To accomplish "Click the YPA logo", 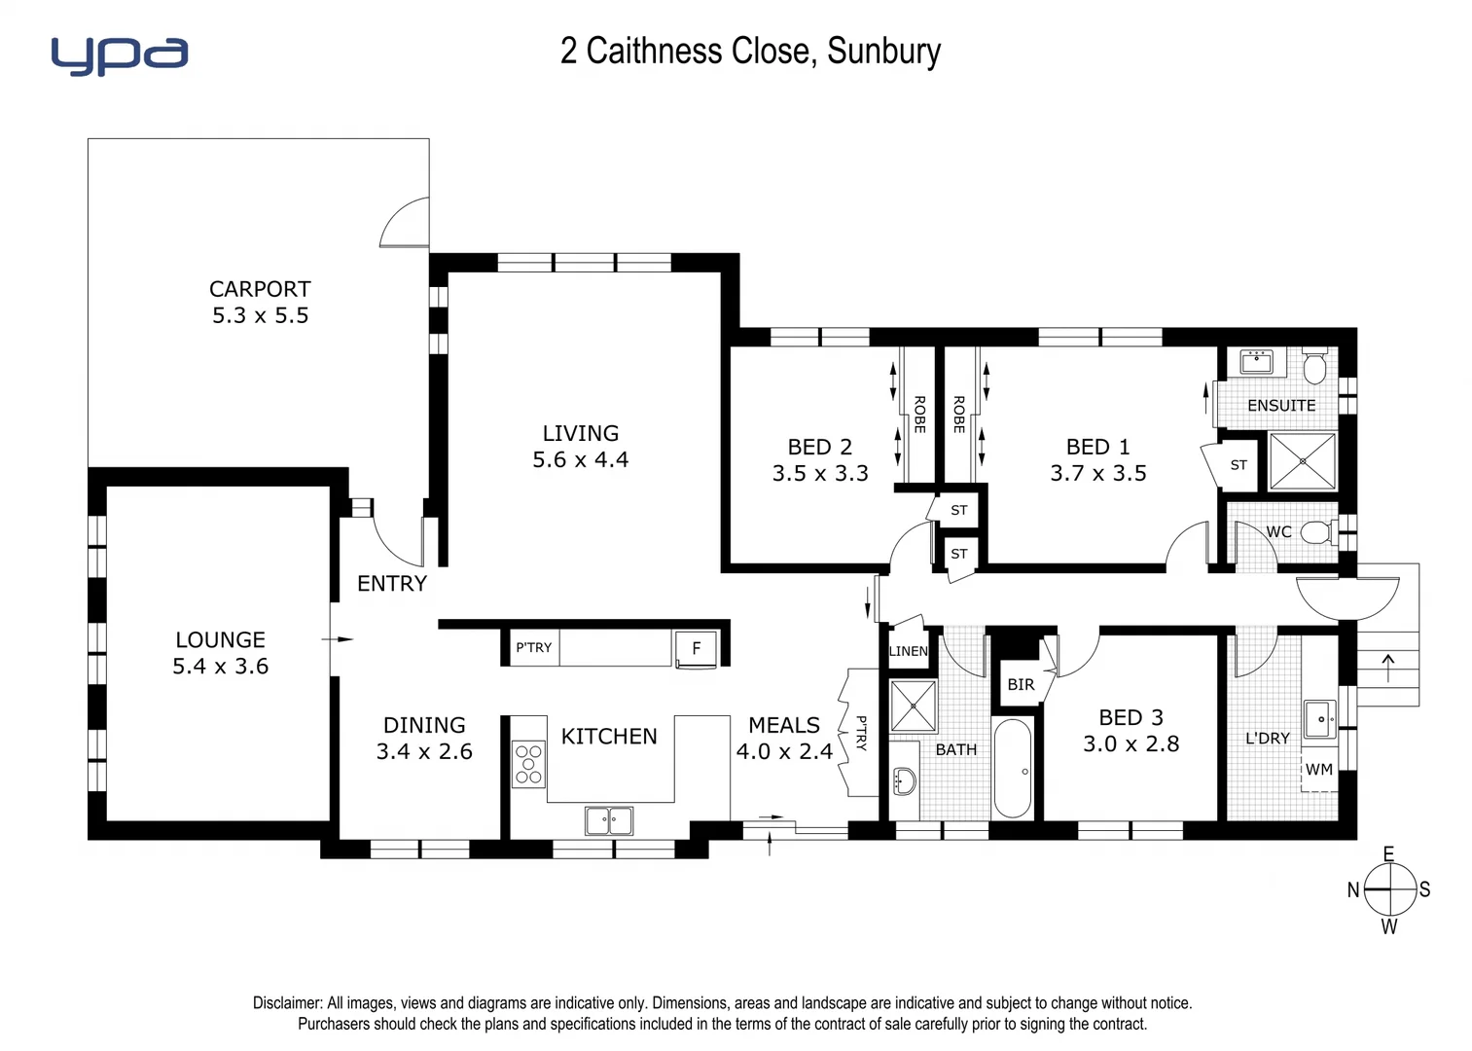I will point(119,55).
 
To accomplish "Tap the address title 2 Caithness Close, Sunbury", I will point(750,51).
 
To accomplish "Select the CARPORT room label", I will point(260,289).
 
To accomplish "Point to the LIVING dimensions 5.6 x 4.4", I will point(580,460).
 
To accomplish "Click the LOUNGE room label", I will point(220,639).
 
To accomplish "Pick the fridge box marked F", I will point(696,648).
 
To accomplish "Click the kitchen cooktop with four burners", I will point(528,764).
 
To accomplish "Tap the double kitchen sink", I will point(609,820).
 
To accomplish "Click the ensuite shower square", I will point(1302,461).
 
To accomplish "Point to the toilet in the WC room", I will point(1316,532).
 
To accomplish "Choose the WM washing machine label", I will point(1319,770).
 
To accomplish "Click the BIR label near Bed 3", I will point(1021,685).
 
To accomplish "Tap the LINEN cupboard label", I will point(909,651).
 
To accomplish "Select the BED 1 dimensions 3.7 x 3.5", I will point(1097,474).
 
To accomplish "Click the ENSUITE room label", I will point(1281,406).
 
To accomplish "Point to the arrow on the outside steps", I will point(1387,668).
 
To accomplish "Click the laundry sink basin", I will point(1319,720).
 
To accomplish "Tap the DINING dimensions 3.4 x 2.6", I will point(424,752).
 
